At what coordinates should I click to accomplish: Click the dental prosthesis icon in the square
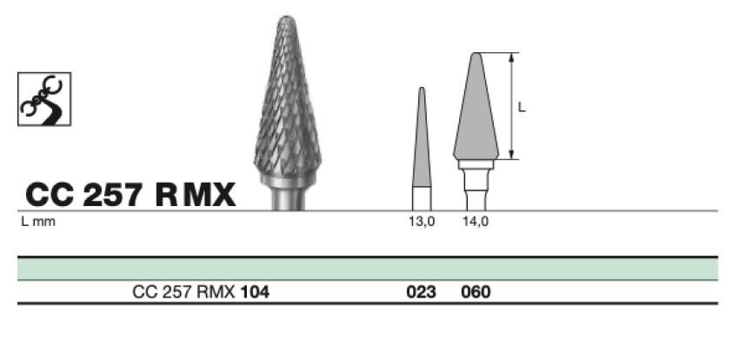tap(44, 99)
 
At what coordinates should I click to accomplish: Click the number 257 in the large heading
tap(112, 195)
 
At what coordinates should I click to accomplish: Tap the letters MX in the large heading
tap(210, 195)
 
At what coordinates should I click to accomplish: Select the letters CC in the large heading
tap(50, 195)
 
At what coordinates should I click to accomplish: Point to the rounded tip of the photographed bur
tap(286, 17)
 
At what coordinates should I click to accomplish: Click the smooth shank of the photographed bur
tap(288, 198)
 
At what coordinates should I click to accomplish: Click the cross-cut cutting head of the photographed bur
tap(287, 98)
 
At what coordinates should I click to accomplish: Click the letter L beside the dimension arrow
tap(522, 108)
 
